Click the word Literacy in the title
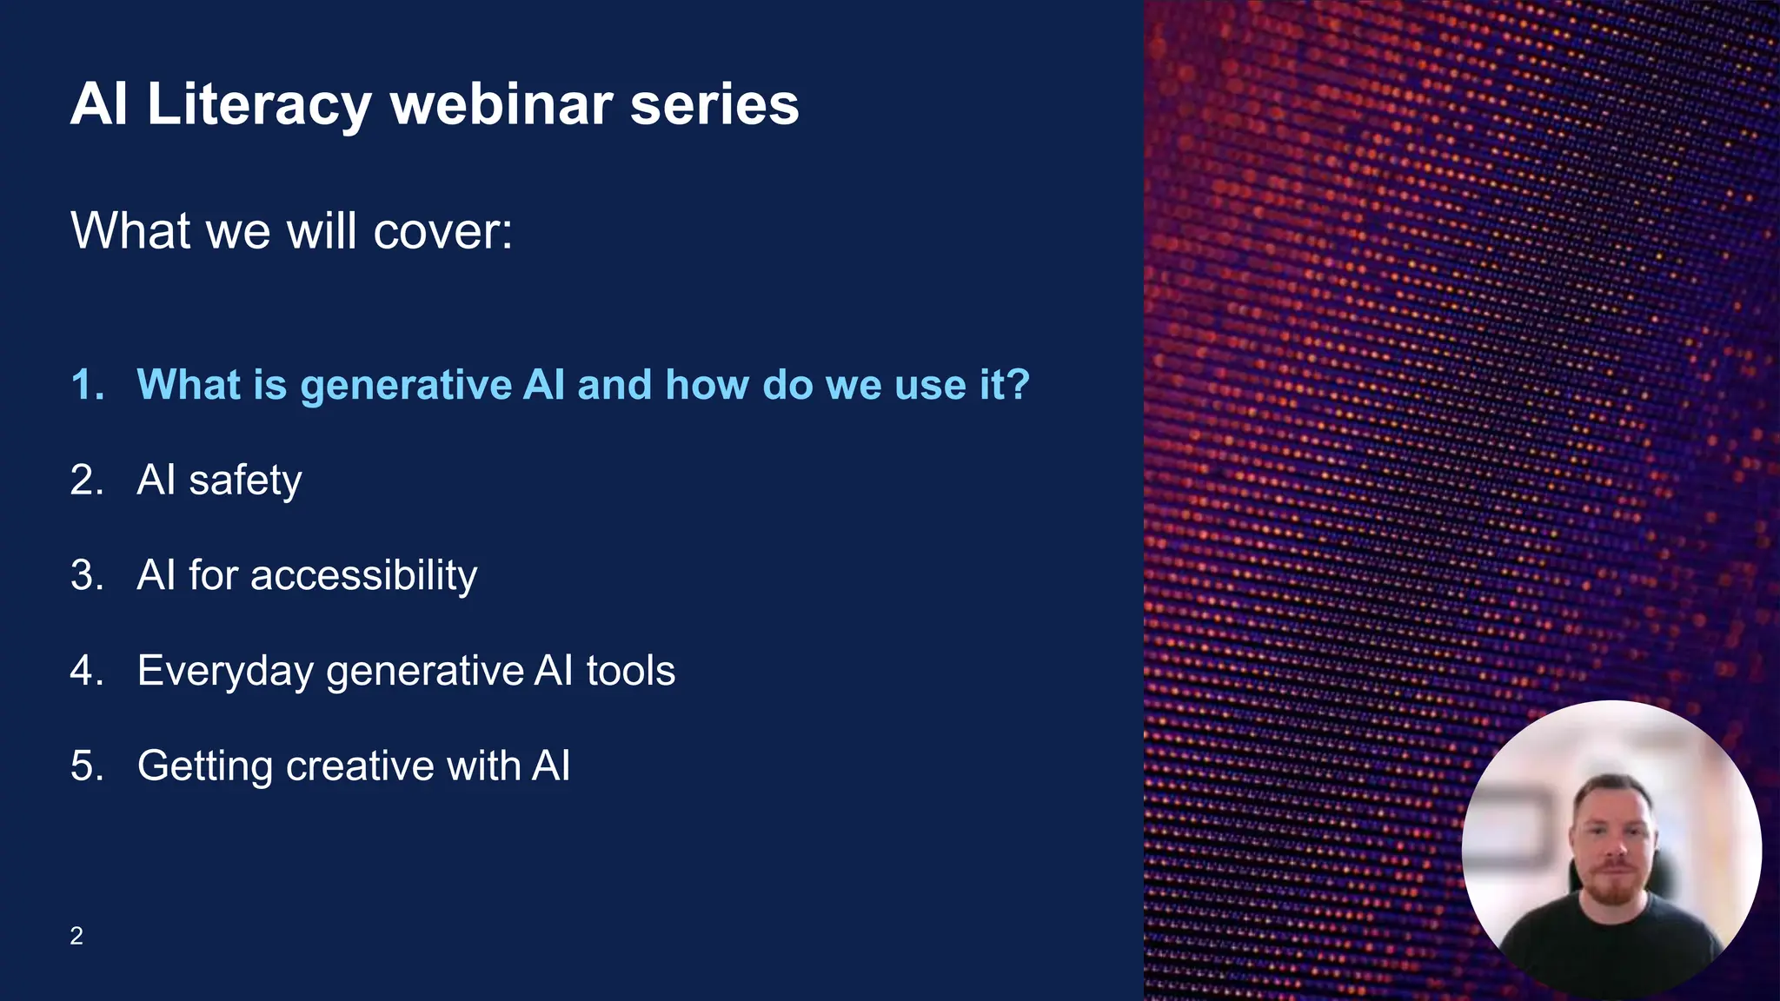point(259,104)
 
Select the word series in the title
point(714,104)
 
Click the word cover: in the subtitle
point(442,231)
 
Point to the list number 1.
point(86,385)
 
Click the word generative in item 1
point(406,385)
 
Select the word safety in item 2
point(245,481)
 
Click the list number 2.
point(86,481)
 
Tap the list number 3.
point(86,575)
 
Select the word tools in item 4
point(630,671)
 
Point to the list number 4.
point(86,671)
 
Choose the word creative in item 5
point(359,766)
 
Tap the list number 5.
point(86,766)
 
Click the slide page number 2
point(76,936)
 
